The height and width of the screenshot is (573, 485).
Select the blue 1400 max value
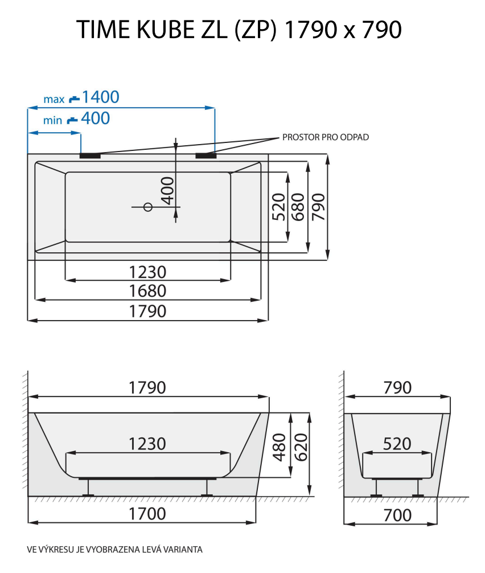pos(100,97)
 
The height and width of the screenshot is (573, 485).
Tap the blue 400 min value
pos(95,118)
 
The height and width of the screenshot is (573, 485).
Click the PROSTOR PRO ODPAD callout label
pos(326,137)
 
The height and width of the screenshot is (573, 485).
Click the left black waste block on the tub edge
pos(90,154)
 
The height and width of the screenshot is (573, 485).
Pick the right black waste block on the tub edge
pos(205,154)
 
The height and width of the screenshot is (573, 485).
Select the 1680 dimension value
pos(147,291)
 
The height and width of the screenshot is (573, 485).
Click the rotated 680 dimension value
pos(298,206)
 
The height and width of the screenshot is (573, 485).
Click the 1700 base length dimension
pos(147,514)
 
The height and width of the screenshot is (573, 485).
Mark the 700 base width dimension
pos(397,515)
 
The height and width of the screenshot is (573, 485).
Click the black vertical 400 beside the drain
pos(166,190)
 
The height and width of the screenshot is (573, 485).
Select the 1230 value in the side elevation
pos(147,443)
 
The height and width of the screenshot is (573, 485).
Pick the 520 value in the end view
pos(397,444)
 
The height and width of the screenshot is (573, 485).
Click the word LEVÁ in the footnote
pos(152,550)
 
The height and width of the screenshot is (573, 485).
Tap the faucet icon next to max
pos(74,99)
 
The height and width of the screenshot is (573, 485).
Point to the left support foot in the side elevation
pos(88,488)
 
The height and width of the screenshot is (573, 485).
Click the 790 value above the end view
pos(397,387)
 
